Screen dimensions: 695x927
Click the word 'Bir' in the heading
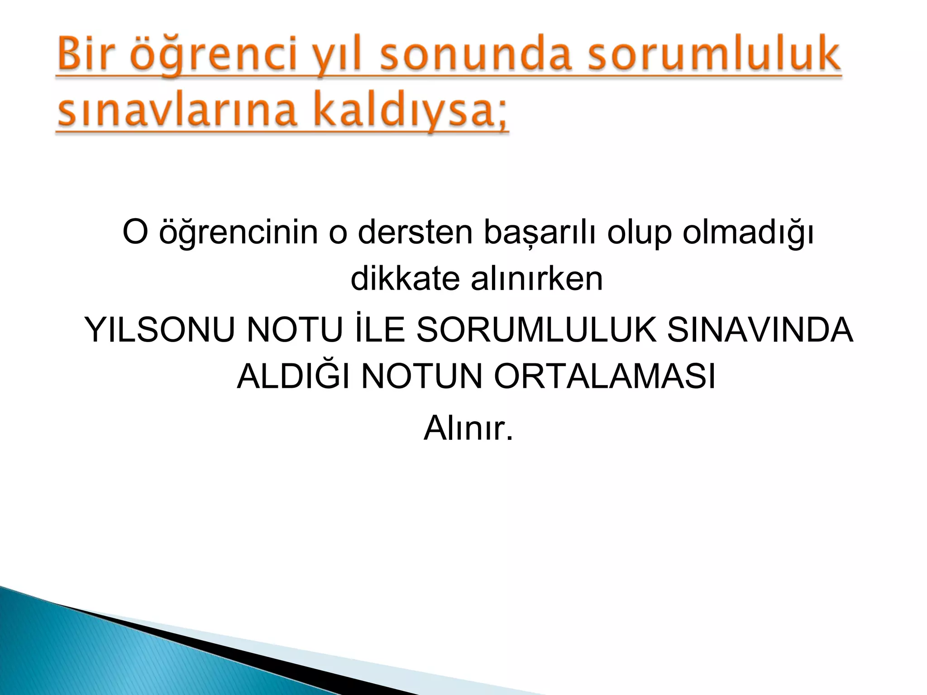pos(87,55)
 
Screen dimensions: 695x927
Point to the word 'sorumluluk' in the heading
pos(714,55)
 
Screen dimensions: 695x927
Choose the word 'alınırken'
pos(537,279)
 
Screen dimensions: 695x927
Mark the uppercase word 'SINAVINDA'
pos(760,330)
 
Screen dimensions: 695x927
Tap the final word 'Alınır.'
pos(468,428)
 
